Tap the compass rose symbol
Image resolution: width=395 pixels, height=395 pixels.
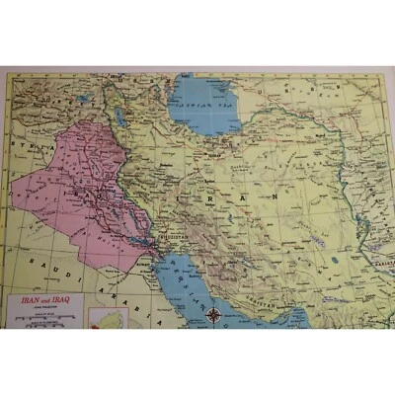click(213, 316)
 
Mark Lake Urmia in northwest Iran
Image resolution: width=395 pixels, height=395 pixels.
click(118, 117)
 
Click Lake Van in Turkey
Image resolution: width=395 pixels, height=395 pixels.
click(84, 99)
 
